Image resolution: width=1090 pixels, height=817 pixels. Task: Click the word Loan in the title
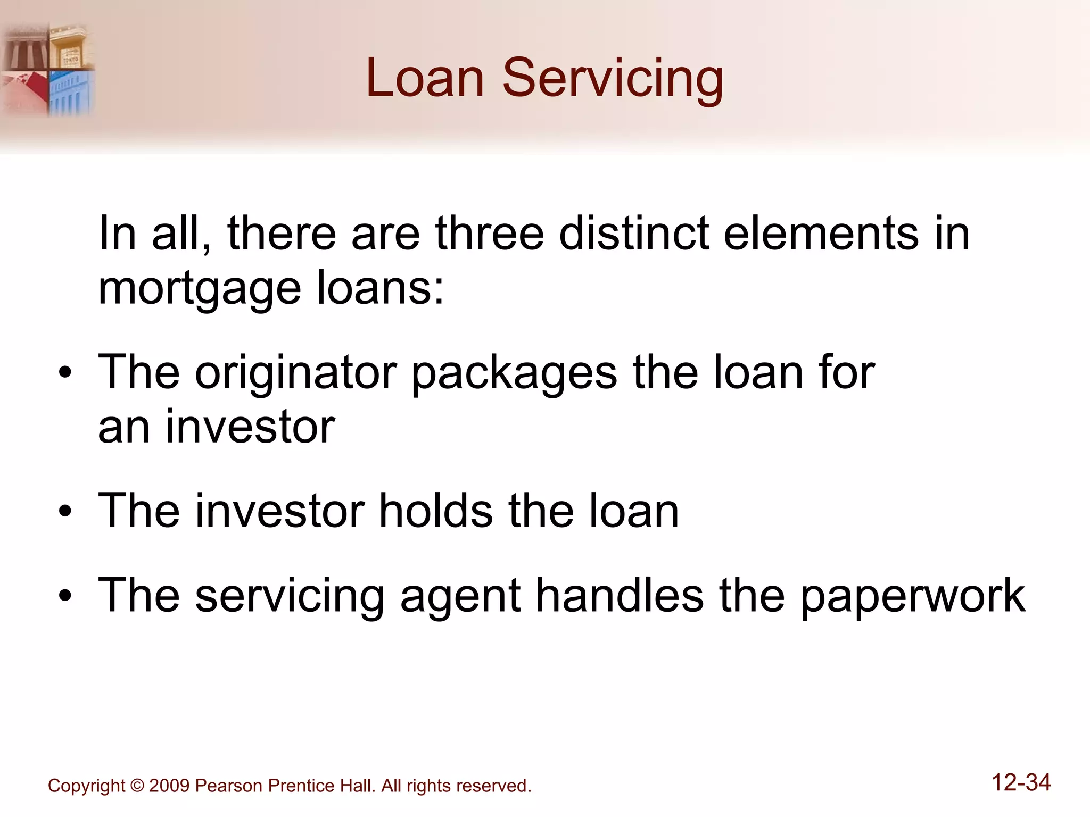coord(425,78)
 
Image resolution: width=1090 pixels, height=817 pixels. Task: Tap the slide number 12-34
coord(1021,782)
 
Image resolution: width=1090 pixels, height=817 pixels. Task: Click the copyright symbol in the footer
coord(137,786)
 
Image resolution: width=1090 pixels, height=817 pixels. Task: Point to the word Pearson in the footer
coord(228,786)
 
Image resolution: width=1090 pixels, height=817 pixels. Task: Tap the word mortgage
coord(200,290)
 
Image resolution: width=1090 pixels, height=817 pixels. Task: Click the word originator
coord(296,373)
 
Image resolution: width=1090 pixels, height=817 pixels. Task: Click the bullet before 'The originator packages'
coord(65,373)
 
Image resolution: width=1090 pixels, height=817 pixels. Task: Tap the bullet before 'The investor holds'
coord(65,512)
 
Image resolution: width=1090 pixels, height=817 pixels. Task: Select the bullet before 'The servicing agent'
coord(65,596)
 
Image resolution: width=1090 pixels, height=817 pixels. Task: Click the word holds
coord(435,511)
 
